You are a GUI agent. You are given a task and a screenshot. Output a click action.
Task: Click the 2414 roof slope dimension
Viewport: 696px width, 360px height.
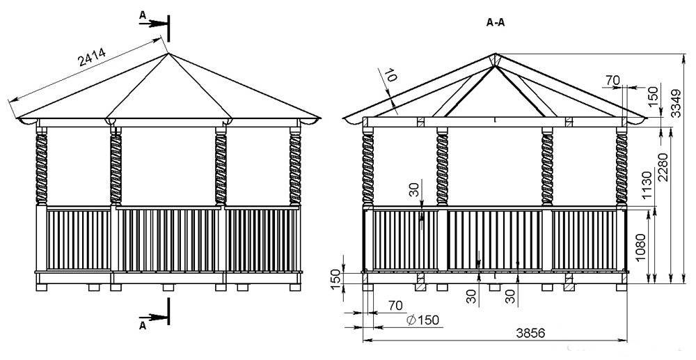click(x=93, y=57)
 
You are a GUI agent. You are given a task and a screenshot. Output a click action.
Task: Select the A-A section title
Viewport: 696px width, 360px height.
click(x=496, y=23)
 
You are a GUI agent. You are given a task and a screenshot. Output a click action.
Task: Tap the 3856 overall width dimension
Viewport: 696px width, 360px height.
click(x=530, y=333)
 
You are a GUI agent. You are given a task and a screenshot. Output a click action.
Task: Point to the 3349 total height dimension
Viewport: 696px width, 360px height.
click(x=675, y=103)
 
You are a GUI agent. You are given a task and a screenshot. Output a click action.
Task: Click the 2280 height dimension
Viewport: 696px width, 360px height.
click(x=663, y=167)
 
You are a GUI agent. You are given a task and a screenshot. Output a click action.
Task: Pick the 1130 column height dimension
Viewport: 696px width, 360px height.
click(x=647, y=185)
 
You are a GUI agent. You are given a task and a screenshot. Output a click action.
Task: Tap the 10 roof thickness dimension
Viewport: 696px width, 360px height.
click(x=390, y=75)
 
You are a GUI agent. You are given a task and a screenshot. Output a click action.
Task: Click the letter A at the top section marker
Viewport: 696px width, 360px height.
click(x=143, y=15)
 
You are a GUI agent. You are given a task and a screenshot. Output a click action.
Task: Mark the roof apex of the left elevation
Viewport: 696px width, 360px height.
click(x=168, y=54)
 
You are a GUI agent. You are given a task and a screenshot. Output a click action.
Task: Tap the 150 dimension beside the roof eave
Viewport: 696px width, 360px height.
click(x=653, y=96)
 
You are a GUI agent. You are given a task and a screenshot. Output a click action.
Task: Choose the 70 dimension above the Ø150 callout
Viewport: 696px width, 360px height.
click(x=395, y=306)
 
